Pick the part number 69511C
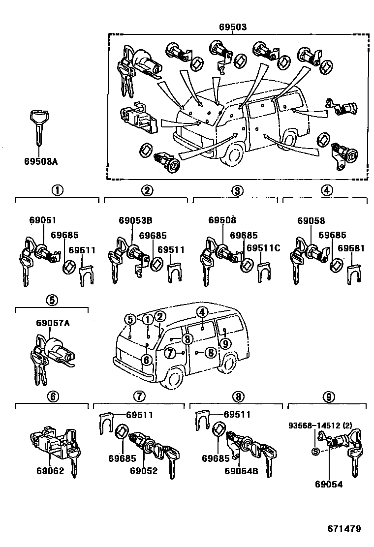263,249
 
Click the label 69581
351,249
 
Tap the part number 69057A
53,323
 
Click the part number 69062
50,471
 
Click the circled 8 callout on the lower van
210,352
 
